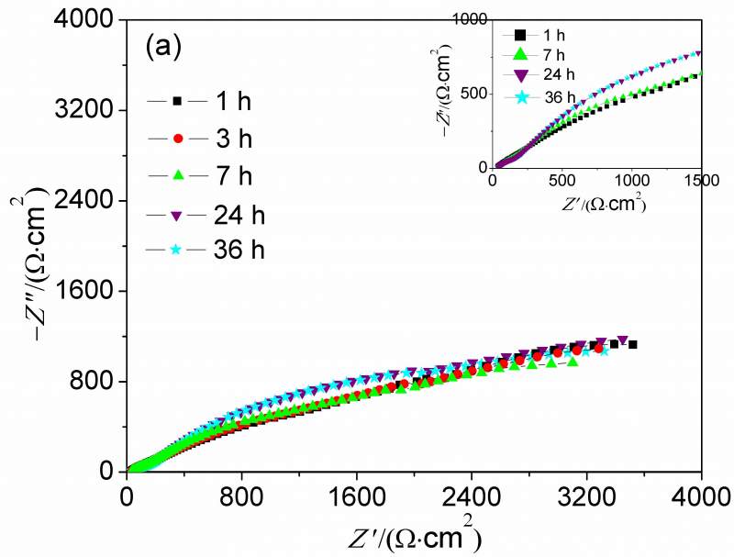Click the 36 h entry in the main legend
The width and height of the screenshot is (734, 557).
(x=204, y=251)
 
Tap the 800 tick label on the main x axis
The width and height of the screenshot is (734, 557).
(x=241, y=493)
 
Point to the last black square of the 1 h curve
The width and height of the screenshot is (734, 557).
(x=632, y=344)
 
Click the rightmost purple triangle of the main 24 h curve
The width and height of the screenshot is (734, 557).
(x=623, y=340)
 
